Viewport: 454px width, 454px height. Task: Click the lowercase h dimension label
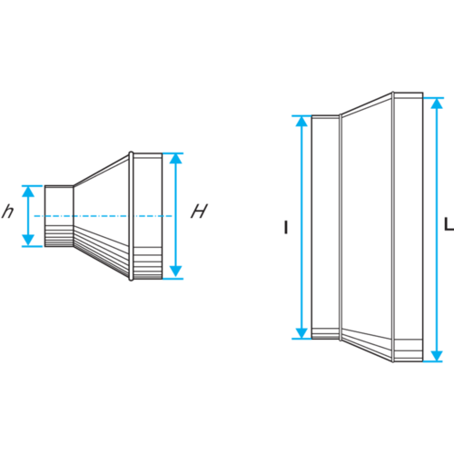point(8,212)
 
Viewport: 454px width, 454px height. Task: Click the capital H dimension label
point(199,211)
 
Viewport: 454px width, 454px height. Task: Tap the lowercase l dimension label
point(286,227)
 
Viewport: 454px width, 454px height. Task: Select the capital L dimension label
point(449,224)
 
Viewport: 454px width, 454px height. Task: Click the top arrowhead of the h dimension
point(28,192)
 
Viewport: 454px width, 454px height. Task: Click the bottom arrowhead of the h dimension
point(28,241)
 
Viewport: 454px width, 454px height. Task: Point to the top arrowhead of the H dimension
point(175,159)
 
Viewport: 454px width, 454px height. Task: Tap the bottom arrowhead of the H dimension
point(175,271)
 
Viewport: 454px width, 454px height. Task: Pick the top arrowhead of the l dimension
point(301,121)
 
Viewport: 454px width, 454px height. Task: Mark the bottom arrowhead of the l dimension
point(301,333)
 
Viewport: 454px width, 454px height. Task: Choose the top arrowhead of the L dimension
point(437,104)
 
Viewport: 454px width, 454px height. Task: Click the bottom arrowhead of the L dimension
point(437,356)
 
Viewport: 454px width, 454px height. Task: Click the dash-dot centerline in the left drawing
point(103,216)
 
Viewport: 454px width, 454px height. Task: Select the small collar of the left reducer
point(59,216)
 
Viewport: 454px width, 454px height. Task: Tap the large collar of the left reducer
point(148,216)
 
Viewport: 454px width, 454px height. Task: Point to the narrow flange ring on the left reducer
point(131,216)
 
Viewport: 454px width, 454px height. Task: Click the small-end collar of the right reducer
point(325,227)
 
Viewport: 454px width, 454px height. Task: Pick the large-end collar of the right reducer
point(409,227)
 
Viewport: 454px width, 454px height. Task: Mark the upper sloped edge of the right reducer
point(367,104)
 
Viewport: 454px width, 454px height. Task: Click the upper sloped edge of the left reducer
point(102,170)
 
